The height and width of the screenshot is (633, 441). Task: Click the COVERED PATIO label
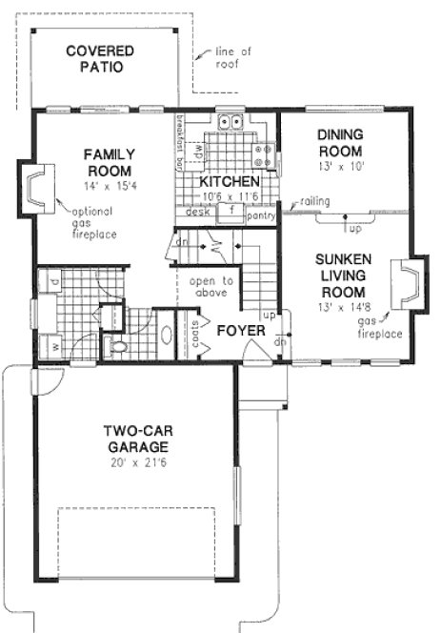coord(100,58)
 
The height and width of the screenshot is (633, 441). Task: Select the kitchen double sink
coord(230,121)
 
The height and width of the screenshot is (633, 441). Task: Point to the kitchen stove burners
coord(264,153)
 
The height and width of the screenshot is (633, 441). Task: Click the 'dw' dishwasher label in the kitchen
coord(198,151)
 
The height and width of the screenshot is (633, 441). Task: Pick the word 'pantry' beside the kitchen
coord(260,216)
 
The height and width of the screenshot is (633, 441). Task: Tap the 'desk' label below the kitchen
coord(197,213)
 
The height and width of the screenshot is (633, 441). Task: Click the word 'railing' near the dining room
coord(313,201)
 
